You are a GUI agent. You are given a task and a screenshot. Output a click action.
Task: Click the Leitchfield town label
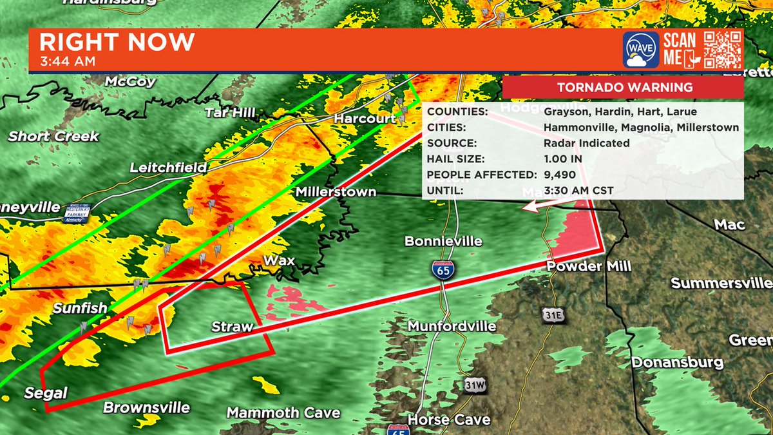[168, 168]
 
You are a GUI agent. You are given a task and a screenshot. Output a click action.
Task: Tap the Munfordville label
[452, 327]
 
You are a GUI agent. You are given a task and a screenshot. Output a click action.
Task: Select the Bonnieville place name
[443, 241]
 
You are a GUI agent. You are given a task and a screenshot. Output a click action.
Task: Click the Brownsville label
[147, 407]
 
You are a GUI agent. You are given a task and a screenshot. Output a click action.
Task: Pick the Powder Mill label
[580, 266]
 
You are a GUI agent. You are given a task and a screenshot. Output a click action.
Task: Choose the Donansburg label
[677, 362]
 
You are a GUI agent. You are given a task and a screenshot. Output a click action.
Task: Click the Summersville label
[721, 283]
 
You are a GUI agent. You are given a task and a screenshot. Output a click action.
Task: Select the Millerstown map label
[336, 192]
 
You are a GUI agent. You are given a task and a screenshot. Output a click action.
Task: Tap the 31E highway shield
[551, 316]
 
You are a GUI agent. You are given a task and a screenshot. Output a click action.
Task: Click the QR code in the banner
[721, 49]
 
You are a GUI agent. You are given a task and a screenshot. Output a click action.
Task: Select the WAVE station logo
[640, 50]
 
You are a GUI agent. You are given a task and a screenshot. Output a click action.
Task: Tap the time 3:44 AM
[68, 62]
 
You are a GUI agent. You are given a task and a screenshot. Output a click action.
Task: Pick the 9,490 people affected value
[559, 175]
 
